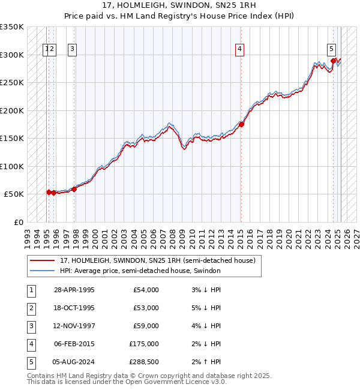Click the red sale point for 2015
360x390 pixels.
[x=241, y=124]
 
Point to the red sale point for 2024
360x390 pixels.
[x=334, y=61]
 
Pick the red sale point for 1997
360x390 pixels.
[x=74, y=189]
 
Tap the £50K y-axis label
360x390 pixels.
[x=14, y=194]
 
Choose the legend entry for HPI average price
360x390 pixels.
[x=140, y=271]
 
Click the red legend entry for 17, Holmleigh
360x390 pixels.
[x=158, y=260]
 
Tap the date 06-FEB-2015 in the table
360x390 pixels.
[x=74, y=344]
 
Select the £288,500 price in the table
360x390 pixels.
[x=144, y=362]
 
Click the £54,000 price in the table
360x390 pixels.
[x=146, y=290]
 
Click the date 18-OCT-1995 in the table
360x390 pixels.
[x=74, y=308]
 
